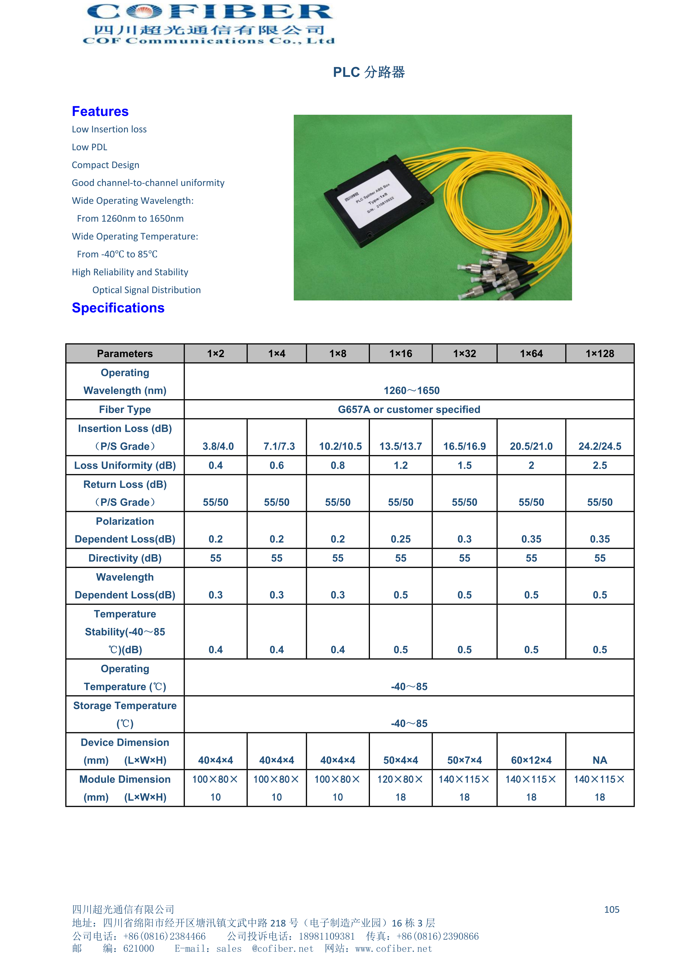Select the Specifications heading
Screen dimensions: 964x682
118,308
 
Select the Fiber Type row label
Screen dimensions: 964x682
125,409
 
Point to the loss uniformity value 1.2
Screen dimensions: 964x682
401,465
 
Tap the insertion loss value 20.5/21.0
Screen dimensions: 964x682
531,446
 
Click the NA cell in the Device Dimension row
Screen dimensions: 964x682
600,760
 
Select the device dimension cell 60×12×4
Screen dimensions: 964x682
531,760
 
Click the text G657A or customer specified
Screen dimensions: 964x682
409,409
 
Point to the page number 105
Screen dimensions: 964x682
611,909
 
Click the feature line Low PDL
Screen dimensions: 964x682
90,147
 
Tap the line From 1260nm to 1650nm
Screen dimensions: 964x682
130,219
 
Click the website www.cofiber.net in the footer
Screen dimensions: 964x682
394,949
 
